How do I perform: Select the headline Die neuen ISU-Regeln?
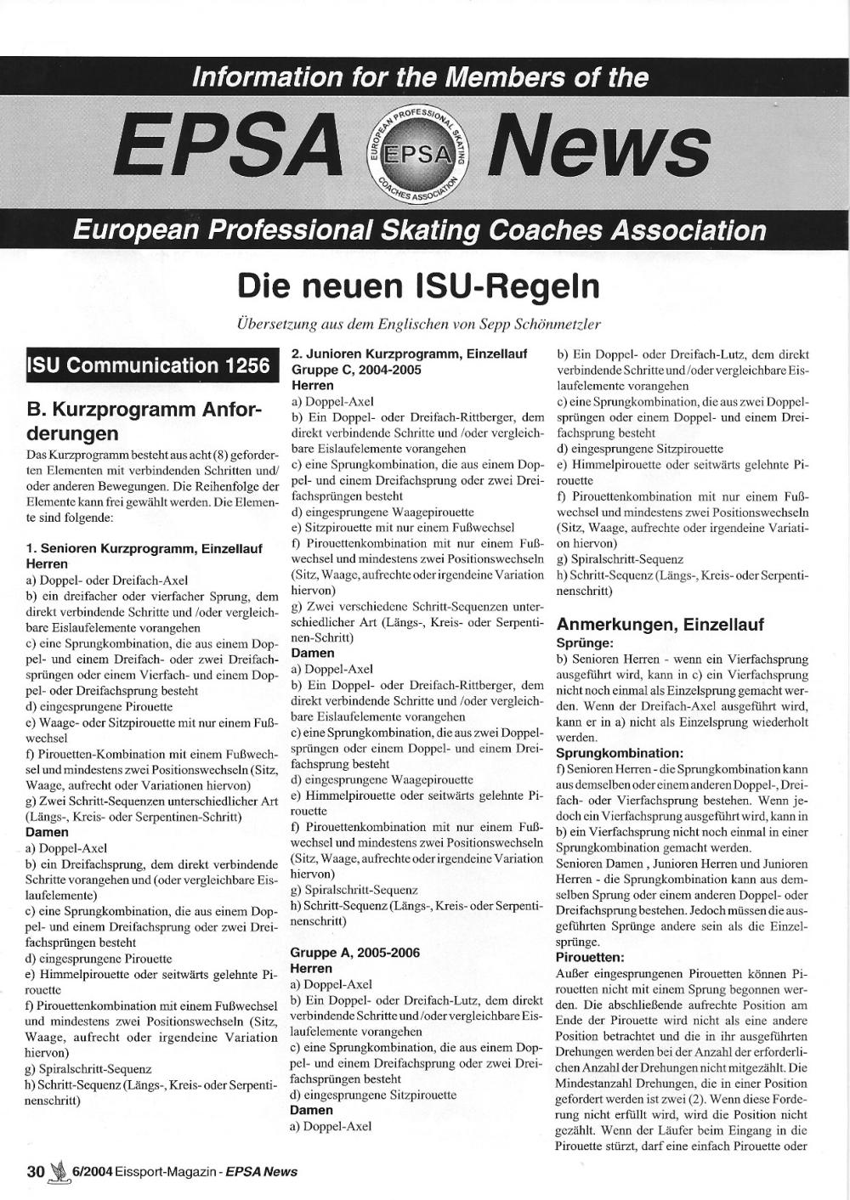[x=418, y=286]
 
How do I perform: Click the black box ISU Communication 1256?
[x=149, y=365]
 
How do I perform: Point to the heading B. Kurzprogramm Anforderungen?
[x=144, y=422]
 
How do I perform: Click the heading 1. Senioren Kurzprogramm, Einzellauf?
[x=144, y=549]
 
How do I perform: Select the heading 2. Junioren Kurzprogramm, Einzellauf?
[x=410, y=354]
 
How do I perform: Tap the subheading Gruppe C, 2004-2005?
[x=356, y=370]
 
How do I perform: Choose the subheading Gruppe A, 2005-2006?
[x=355, y=953]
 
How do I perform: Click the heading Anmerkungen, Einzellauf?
[x=660, y=625]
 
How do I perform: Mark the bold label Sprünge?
[x=585, y=643]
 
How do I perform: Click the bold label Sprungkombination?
[x=620, y=753]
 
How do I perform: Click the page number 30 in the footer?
[x=36, y=1171]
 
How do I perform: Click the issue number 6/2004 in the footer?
[x=94, y=1172]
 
